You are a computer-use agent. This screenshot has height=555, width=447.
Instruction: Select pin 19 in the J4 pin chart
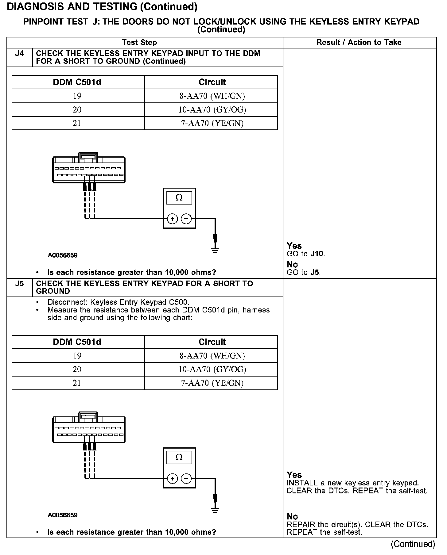[x=77, y=96]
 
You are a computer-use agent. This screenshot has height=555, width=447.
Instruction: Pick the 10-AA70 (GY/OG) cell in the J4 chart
[x=212, y=110]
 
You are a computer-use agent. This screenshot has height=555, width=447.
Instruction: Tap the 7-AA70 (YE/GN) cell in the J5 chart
[x=212, y=383]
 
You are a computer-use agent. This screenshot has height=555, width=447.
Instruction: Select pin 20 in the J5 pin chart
[x=77, y=369]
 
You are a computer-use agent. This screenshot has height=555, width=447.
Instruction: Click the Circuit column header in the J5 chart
[x=212, y=342]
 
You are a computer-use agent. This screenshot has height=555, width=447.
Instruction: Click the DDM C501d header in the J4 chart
[x=77, y=82]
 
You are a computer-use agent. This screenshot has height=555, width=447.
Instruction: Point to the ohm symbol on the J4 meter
[x=179, y=198]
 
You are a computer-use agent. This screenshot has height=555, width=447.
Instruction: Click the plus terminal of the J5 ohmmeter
[x=172, y=479]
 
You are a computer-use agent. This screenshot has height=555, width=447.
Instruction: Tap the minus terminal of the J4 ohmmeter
[x=186, y=219]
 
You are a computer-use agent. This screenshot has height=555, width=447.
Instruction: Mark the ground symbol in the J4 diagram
[x=215, y=251]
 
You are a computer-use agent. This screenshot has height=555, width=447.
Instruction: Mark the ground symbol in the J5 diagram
[x=215, y=510]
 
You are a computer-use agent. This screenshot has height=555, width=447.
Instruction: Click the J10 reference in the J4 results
[x=317, y=254]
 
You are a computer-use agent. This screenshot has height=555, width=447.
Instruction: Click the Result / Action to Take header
[x=359, y=43]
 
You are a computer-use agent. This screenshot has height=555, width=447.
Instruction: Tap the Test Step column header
[x=139, y=43]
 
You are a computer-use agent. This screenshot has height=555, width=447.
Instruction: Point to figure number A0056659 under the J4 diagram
[x=63, y=255]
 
